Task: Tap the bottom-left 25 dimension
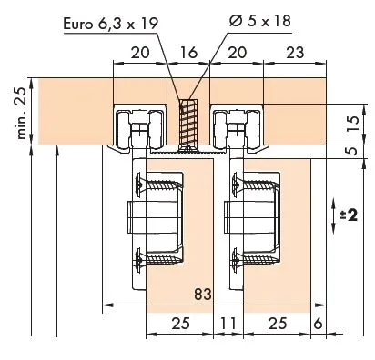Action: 180,323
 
